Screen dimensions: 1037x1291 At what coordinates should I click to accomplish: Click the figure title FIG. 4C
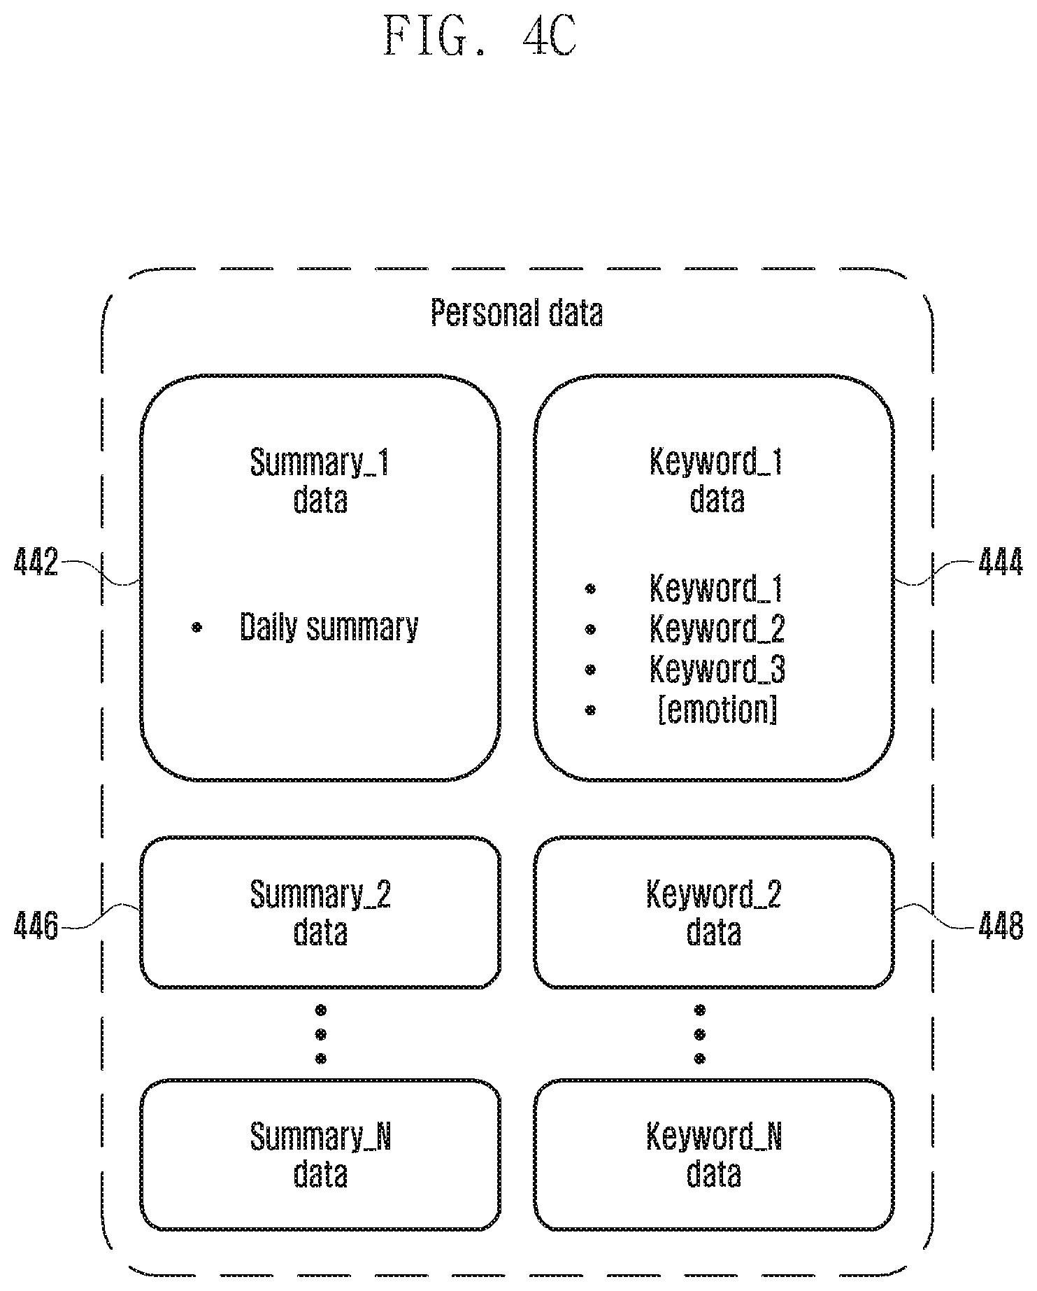[x=482, y=37]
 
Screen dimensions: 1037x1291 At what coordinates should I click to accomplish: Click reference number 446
[x=36, y=926]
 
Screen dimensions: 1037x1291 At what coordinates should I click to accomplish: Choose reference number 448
[x=1001, y=926]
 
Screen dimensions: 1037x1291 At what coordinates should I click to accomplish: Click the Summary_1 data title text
[x=320, y=481]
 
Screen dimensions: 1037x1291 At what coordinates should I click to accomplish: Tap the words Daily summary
[x=329, y=627]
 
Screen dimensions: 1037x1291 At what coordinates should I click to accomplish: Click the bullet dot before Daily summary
[x=197, y=628]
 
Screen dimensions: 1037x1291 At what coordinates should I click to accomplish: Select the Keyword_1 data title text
[x=716, y=481]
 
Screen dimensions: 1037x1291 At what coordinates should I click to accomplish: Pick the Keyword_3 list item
[x=717, y=670]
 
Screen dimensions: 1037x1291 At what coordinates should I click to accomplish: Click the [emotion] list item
[x=717, y=711]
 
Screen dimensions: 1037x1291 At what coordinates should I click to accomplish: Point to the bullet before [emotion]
[x=590, y=710]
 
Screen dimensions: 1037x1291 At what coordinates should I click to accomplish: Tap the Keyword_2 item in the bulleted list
[x=717, y=628]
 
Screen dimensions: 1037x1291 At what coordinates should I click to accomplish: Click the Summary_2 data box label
[x=320, y=913]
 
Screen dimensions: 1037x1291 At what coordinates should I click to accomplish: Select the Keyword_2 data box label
[x=714, y=913]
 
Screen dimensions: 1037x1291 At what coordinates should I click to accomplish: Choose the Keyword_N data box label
[x=714, y=1156]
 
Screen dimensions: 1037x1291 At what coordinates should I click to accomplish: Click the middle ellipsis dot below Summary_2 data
[x=321, y=1034]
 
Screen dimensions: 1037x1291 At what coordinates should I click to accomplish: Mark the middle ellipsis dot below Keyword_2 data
[x=700, y=1034]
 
